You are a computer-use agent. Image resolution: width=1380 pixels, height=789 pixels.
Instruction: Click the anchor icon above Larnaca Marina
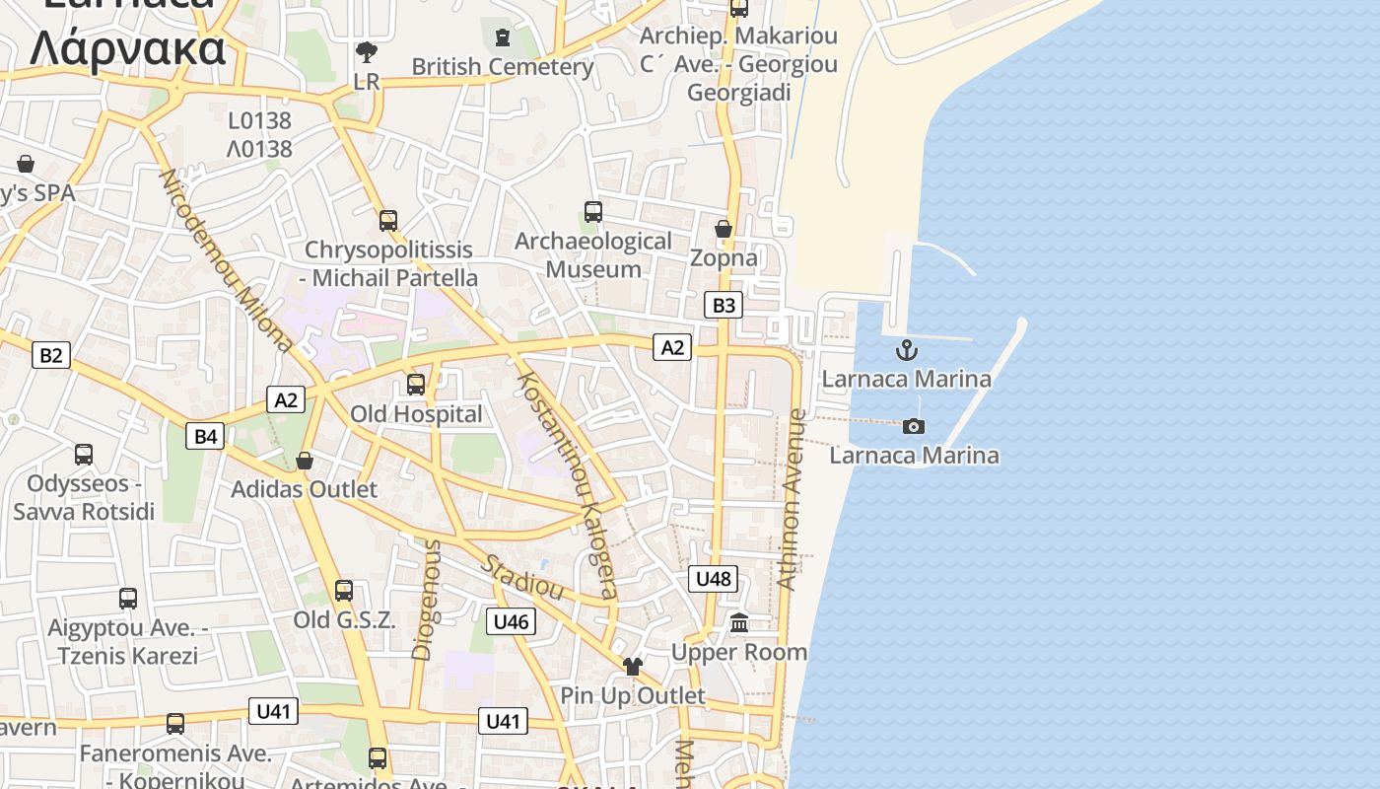click(x=906, y=350)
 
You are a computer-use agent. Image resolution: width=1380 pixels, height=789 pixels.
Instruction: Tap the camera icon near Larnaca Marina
click(x=914, y=426)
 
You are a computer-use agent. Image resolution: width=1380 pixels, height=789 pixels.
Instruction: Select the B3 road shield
click(x=724, y=305)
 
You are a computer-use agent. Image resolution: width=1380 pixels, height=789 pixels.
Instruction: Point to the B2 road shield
click(x=50, y=355)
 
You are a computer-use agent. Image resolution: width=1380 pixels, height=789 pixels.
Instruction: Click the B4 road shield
click(x=205, y=436)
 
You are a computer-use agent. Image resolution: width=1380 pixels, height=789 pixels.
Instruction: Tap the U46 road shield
click(x=511, y=621)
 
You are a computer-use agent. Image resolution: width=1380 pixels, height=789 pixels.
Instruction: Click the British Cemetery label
click(x=503, y=67)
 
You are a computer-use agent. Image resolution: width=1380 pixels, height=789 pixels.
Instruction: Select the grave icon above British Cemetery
click(x=503, y=38)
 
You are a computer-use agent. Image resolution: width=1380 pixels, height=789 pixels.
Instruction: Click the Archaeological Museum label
click(x=593, y=254)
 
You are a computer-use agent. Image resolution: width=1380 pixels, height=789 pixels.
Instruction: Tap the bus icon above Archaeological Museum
click(x=593, y=212)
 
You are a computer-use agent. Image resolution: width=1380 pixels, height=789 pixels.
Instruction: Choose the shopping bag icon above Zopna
click(x=724, y=229)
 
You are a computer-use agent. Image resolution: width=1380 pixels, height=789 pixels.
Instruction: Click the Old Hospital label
click(x=417, y=414)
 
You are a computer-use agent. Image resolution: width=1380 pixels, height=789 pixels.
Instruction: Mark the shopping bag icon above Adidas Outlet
click(x=305, y=461)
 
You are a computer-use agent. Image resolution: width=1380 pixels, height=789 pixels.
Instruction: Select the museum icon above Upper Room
click(x=739, y=623)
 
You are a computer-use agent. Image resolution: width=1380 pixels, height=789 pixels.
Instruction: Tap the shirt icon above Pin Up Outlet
click(x=633, y=667)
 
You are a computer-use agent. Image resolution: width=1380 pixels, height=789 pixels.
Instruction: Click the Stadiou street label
click(x=522, y=578)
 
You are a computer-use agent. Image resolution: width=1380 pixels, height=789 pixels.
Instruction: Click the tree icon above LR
click(x=367, y=51)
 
